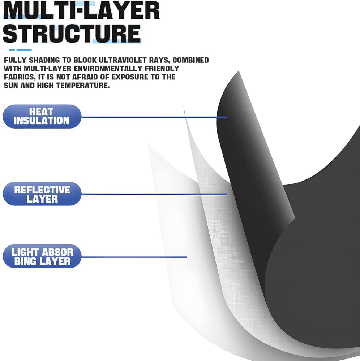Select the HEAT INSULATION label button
click(x=42, y=116)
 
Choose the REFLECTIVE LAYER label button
click(x=42, y=194)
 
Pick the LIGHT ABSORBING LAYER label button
click(x=42, y=256)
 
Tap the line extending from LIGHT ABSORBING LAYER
click(x=134, y=257)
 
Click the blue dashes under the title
click(x=20, y=50)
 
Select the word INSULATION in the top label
click(x=42, y=121)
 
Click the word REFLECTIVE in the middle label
click(x=42, y=190)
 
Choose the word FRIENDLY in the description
click(x=159, y=69)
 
